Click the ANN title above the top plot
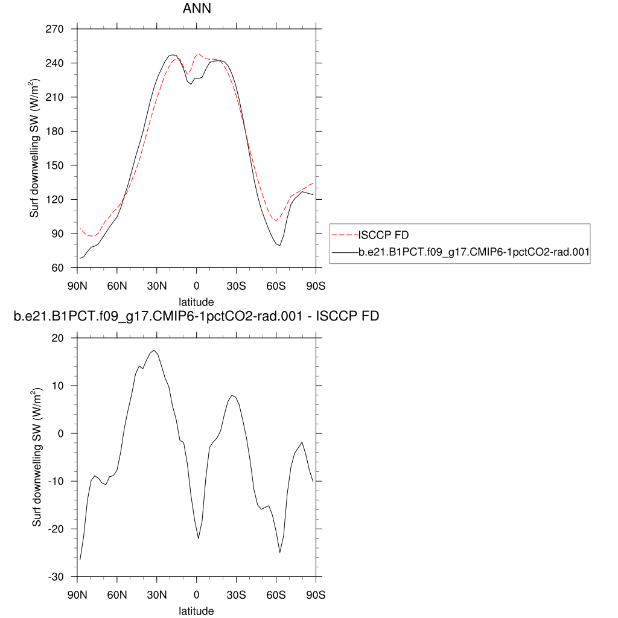[196, 10]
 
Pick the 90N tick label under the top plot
[77, 285]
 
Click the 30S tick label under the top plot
[236, 285]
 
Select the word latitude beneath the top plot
[196, 301]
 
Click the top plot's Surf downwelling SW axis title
[36, 148]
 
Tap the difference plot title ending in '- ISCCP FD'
[196, 316]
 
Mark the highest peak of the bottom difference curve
[154, 350]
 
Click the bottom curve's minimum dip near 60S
[280, 552]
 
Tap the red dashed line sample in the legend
[345, 235]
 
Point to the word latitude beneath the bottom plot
[196, 611]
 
